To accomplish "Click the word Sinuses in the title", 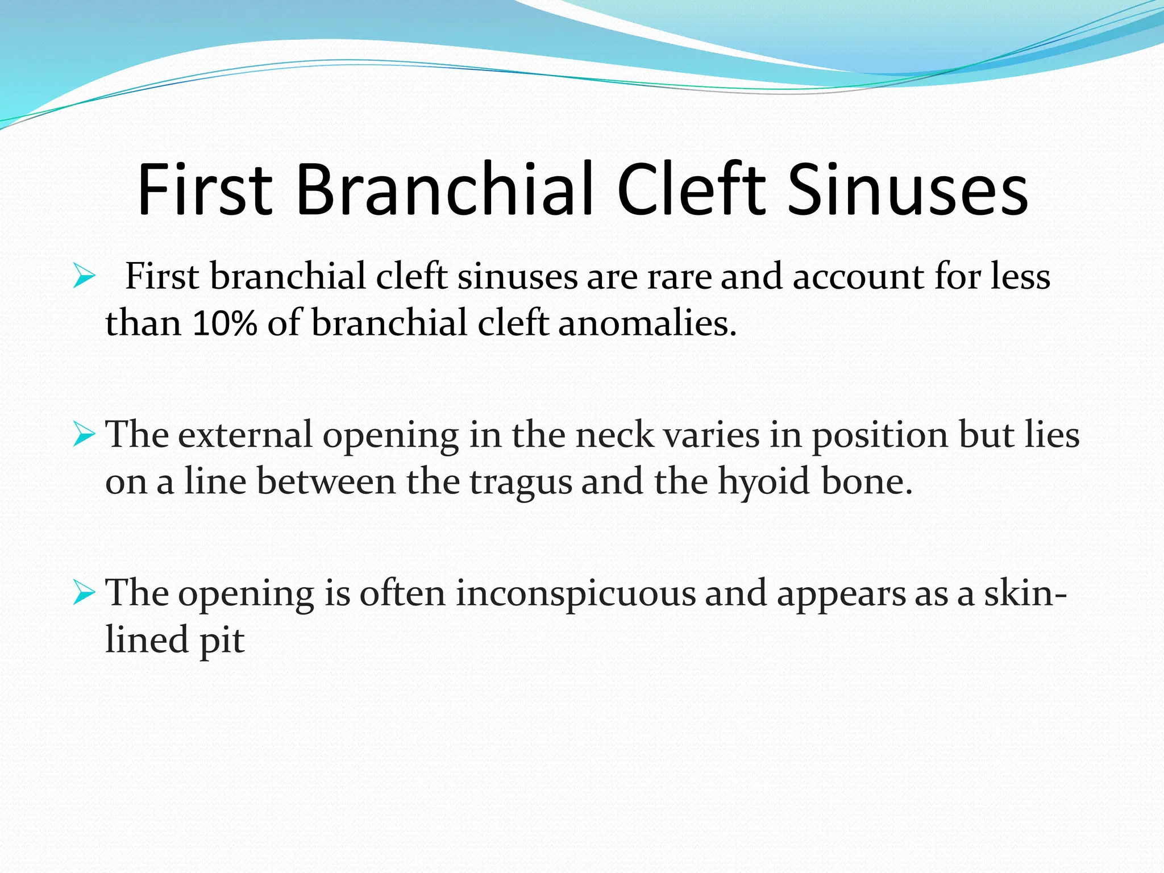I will click(908, 189).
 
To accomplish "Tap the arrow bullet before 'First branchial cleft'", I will click(84, 277).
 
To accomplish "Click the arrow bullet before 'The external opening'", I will click(84, 435).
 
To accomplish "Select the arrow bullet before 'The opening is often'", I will click(84, 593).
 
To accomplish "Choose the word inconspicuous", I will click(576, 595).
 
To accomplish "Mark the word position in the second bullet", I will click(879, 436).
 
